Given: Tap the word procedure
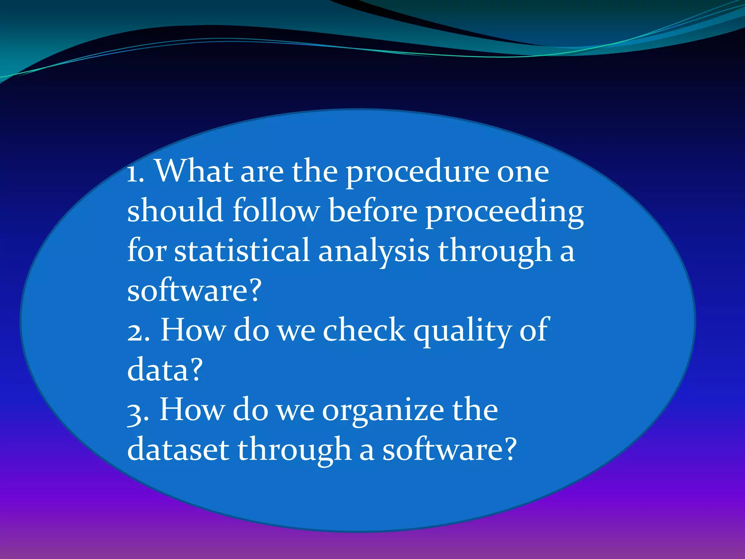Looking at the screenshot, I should [x=417, y=173].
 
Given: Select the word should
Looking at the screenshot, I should [x=175, y=211].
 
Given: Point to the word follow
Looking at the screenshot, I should [x=276, y=211].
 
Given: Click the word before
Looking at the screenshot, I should [x=373, y=211].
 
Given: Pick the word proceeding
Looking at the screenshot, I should [x=505, y=213].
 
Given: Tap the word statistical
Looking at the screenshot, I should [x=242, y=251].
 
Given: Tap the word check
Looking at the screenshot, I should [x=364, y=330].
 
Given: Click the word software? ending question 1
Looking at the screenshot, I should [x=194, y=291].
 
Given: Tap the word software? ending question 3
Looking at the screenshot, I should [x=449, y=450].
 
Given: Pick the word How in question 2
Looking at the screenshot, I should [x=193, y=330].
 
